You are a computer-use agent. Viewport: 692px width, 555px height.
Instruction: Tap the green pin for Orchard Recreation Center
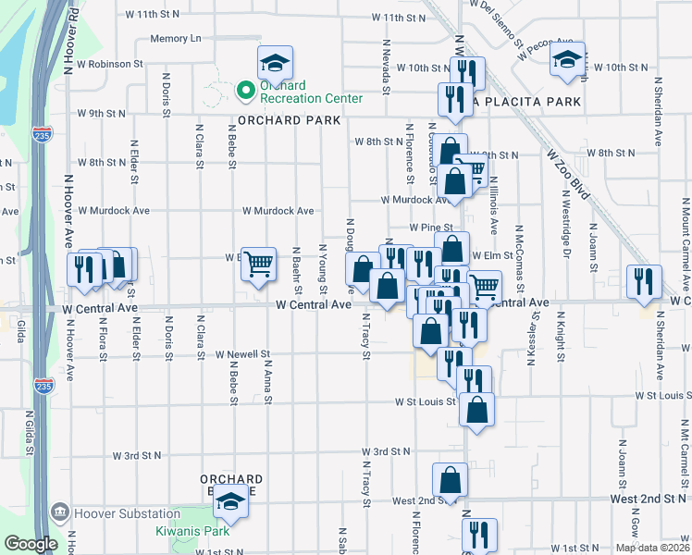[245, 90]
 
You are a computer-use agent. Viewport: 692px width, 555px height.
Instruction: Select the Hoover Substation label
[126, 513]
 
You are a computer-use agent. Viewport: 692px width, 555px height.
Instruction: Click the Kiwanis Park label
[191, 532]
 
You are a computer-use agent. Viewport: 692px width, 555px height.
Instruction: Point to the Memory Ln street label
[176, 39]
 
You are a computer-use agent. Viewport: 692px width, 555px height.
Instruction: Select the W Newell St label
[242, 354]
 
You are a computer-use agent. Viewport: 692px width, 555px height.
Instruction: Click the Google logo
[31, 544]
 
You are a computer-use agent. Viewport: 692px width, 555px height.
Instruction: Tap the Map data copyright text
[651, 548]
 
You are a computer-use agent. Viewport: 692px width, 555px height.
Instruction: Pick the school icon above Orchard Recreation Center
[275, 62]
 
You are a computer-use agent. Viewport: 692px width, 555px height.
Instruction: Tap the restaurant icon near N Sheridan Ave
[644, 281]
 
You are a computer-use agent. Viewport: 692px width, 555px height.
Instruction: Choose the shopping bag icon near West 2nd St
[450, 479]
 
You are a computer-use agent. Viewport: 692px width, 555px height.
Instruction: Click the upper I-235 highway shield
[42, 135]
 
